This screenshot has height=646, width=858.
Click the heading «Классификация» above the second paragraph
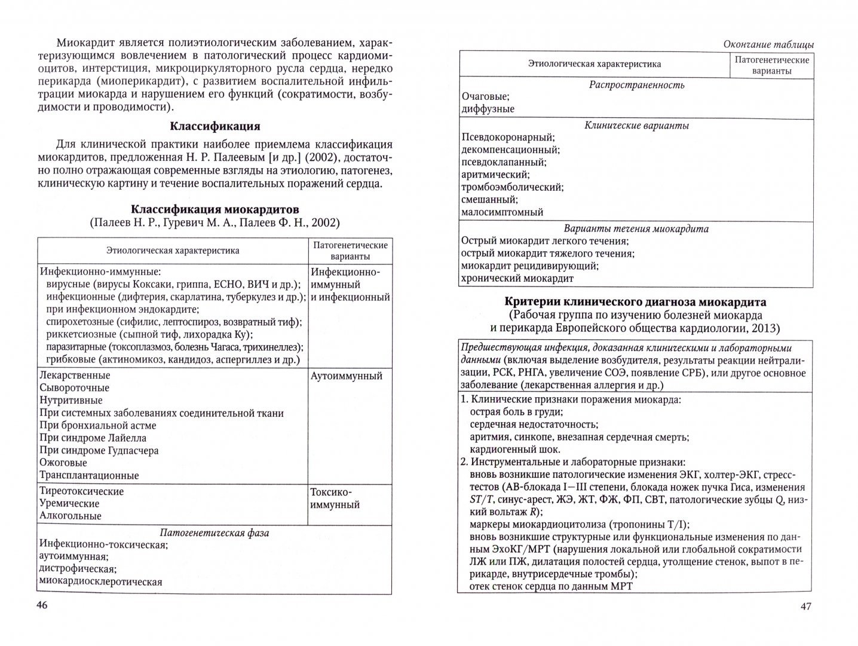(x=214, y=126)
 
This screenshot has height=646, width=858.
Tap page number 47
(x=805, y=607)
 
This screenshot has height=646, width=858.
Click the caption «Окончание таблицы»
(x=768, y=44)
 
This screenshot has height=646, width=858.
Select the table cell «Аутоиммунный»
(x=347, y=376)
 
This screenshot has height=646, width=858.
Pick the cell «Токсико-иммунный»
(x=335, y=498)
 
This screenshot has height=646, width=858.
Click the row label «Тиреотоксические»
(x=82, y=491)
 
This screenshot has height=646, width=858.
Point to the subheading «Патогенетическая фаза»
(x=214, y=532)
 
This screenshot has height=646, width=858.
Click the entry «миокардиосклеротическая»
(x=100, y=581)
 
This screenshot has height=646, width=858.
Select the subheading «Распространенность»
(x=636, y=84)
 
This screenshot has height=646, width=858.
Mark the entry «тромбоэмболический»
(x=513, y=187)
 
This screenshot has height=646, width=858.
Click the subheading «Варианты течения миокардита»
(x=636, y=228)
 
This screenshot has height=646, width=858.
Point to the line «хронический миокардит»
(x=517, y=278)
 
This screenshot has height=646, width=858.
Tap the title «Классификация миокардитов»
(x=214, y=209)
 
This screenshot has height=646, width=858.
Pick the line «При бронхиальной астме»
(x=98, y=425)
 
